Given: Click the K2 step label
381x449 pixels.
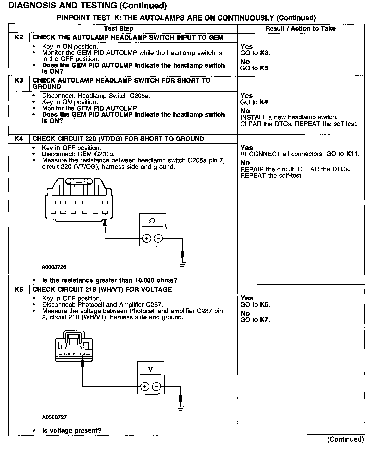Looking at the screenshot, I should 19,37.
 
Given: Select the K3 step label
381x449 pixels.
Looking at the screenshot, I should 19,80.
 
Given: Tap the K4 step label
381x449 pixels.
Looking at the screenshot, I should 19,139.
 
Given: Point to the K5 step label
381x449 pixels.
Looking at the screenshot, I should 19,289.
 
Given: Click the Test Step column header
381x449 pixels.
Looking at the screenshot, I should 119,28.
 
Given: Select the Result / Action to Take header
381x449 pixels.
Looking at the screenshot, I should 300,28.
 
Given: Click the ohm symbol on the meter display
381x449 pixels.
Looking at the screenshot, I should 152,221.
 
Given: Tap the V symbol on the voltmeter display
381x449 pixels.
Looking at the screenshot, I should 150,369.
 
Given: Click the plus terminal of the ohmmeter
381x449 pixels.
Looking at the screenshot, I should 147,238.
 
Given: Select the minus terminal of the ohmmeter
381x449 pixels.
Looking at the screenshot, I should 158,238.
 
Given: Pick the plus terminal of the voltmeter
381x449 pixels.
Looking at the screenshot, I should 145,386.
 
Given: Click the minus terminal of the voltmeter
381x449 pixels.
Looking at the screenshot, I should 156,386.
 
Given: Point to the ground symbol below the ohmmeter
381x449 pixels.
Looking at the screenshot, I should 182,264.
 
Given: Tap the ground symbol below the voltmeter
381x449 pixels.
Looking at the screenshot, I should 180,408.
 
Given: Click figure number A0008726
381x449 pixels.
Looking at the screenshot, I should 54,267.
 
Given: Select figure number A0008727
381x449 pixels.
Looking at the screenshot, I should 54,417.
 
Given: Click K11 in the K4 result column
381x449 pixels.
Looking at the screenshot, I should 352,154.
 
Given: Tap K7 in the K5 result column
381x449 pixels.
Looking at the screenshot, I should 264,320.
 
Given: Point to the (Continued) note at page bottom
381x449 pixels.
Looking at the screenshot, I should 345,439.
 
